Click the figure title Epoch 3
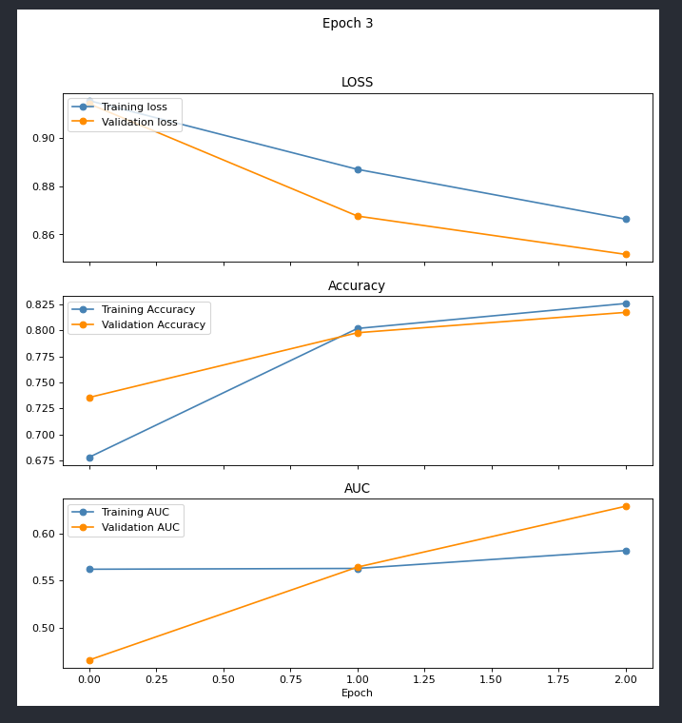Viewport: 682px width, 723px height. tap(347, 24)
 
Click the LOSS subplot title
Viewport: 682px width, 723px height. tap(357, 83)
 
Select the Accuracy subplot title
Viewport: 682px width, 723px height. tap(357, 286)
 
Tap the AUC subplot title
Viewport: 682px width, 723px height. tap(357, 489)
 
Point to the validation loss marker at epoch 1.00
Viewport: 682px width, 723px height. tap(358, 216)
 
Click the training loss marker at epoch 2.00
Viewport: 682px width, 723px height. tap(626, 219)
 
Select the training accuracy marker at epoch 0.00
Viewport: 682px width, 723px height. tap(89, 458)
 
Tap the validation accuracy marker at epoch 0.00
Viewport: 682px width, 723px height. tap(89, 398)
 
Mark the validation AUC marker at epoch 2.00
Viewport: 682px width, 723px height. tap(626, 506)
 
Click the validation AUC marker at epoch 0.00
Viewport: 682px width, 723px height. tap(89, 660)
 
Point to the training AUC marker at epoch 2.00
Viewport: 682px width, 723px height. tap(626, 551)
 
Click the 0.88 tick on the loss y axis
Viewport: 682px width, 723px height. tap(42, 186)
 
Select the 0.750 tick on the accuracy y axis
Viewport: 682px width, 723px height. tap(39, 382)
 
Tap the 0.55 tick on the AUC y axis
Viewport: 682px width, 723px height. tap(42, 580)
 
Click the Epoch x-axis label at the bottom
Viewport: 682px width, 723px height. tap(357, 694)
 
